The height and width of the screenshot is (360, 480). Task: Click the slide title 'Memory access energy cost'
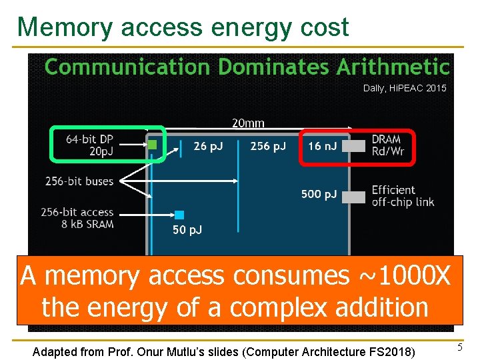point(183,27)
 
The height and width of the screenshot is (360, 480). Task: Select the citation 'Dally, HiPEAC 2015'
point(405,88)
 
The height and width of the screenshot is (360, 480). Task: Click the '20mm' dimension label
point(248,123)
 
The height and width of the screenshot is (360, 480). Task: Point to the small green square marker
point(152,144)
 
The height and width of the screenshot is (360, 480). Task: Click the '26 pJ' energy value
point(208,146)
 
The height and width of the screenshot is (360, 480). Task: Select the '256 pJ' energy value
point(267,146)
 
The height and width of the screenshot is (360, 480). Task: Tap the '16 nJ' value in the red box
point(323,146)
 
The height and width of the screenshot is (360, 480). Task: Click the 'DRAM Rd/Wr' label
point(387,146)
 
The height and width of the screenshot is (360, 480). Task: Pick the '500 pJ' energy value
point(319,194)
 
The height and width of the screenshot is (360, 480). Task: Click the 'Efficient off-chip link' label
point(403,196)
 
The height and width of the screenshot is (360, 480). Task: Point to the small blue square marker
point(179,215)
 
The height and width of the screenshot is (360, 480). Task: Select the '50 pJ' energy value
point(187,230)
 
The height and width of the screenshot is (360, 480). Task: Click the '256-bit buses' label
point(79,181)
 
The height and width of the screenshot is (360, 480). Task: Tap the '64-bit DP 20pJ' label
point(89,145)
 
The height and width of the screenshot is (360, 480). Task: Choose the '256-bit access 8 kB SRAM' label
point(77,218)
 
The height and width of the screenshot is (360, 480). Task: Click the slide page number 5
point(459,347)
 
